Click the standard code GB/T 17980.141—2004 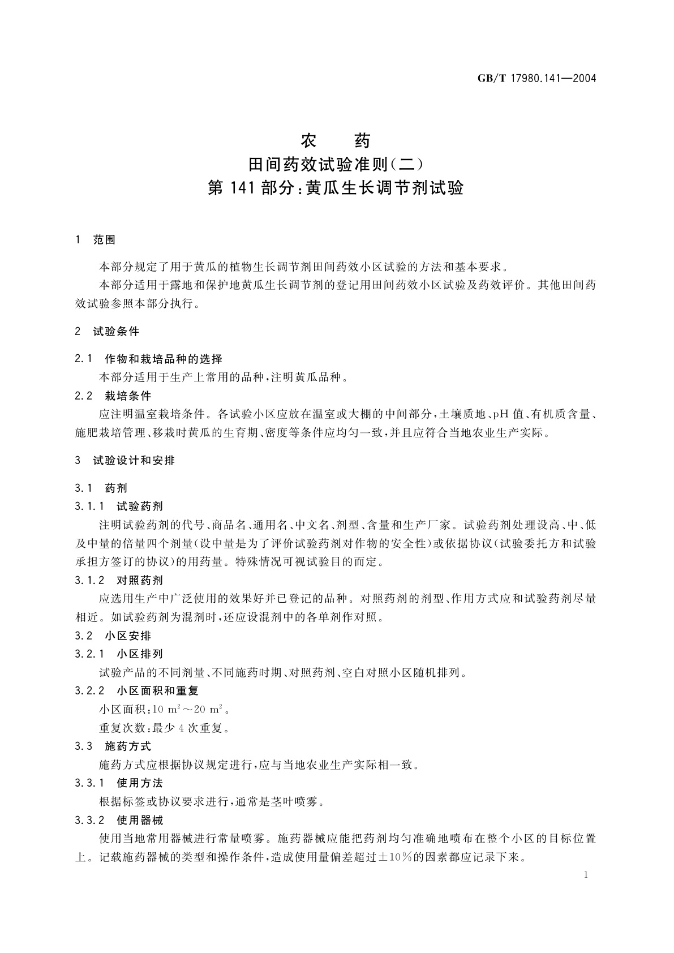point(537,79)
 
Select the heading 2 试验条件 point(107,332)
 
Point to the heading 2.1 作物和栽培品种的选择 point(149,359)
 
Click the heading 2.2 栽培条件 point(113,396)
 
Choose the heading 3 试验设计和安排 point(125,461)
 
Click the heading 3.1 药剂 point(101,488)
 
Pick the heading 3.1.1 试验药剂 point(119,506)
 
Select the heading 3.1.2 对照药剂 point(119,580)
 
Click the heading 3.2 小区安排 point(113,636)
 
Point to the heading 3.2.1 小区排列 point(119,654)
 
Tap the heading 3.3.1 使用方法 point(119,783)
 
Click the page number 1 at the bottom point(586,875)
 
